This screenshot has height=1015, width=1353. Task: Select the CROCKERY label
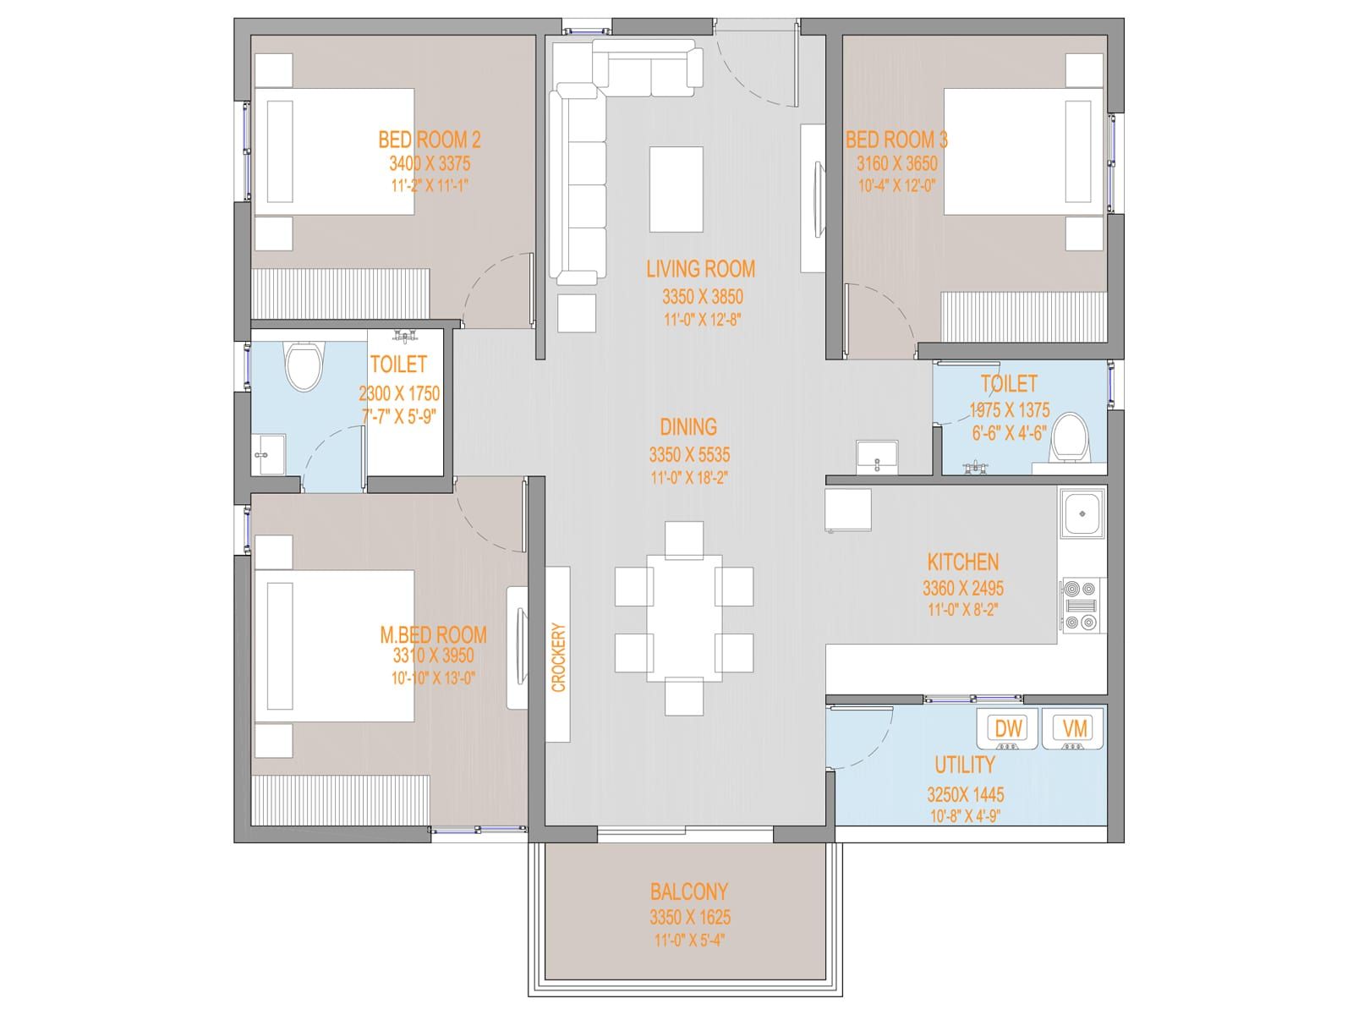(558, 657)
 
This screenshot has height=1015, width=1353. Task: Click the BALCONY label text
(688, 892)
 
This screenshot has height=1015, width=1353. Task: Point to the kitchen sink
(1082, 513)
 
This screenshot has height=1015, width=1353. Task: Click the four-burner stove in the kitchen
(1083, 605)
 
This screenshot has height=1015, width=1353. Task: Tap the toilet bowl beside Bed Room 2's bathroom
(304, 366)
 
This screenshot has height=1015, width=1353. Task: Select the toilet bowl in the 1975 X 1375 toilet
(1070, 438)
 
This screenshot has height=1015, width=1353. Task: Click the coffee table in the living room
(676, 189)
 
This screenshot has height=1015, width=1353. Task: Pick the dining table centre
(684, 618)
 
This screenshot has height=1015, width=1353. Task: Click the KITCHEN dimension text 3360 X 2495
(963, 588)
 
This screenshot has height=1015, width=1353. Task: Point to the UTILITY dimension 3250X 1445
(966, 794)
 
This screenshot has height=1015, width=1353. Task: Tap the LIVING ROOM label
(701, 269)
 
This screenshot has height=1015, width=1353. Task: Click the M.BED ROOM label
(433, 634)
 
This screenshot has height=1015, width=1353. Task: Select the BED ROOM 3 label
(896, 140)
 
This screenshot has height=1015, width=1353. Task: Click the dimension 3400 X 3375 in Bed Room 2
(430, 163)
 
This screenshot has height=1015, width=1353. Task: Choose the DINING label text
(688, 426)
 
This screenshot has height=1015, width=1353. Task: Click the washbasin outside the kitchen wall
(877, 457)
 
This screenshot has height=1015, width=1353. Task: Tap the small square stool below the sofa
(577, 313)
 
